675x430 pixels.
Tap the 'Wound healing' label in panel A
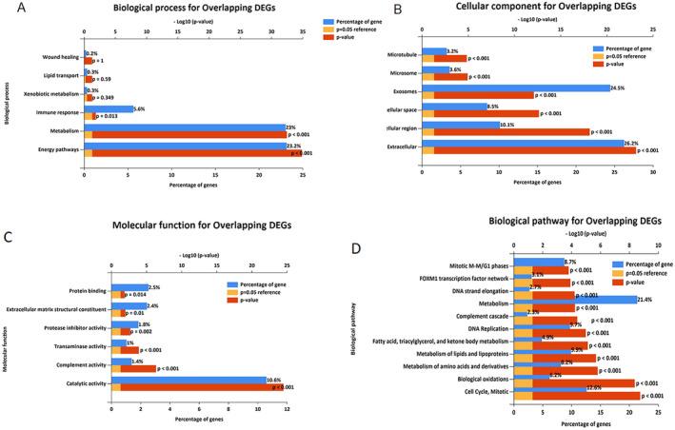60,56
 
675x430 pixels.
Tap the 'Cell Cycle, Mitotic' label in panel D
474,391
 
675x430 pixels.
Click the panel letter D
381,251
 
